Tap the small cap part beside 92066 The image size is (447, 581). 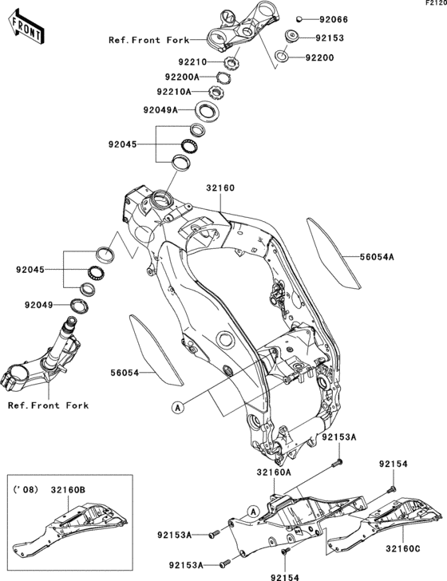click(x=298, y=18)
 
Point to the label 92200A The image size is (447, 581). click(x=183, y=77)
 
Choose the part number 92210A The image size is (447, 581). click(x=185, y=92)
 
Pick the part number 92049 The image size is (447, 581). click(x=40, y=304)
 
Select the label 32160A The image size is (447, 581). click(x=274, y=472)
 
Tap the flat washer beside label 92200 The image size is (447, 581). click(x=283, y=57)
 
